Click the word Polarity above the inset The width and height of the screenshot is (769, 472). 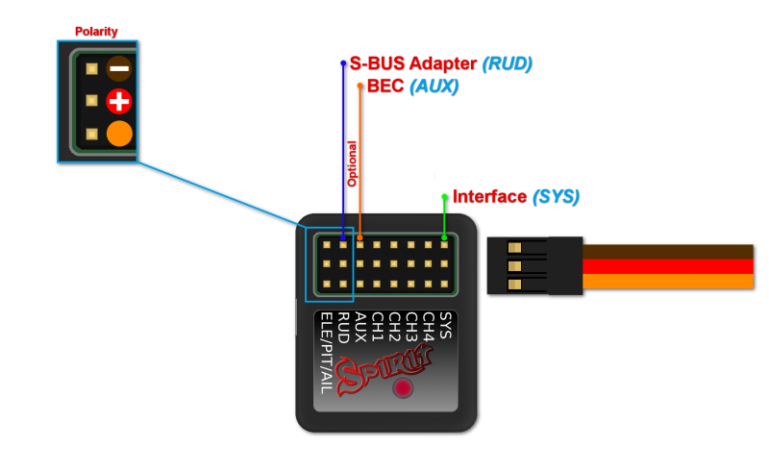pyautogui.click(x=96, y=32)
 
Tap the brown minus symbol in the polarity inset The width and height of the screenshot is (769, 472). pyautogui.click(x=119, y=68)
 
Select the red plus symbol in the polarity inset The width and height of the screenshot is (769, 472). pyautogui.click(x=119, y=101)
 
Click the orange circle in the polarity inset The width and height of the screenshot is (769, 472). pyautogui.click(x=119, y=134)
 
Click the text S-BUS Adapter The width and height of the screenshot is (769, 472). pyautogui.click(x=412, y=63)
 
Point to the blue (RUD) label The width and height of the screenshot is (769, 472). pyautogui.click(x=507, y=63)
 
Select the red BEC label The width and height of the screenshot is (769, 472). pyautogui.click(x=385, y=86)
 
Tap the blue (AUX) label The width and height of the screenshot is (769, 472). pyautogui.click(x=434, y=86)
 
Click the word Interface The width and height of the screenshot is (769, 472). pyautogui.click(x=489, y=197)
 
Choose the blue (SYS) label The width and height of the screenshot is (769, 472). pyautogui.click(x=556, y=197)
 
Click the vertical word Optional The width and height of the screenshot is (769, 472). pyautogui.click(x=352, y=162)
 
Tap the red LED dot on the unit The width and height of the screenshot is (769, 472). pyautogui.click(x=403, y=388)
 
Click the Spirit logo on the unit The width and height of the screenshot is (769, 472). pyautogui.click(x=384, y=370)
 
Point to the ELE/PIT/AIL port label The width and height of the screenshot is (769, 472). pyautogui.click(x=326, y=352)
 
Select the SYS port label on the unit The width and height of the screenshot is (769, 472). pyautogui.click(x=445, y=325)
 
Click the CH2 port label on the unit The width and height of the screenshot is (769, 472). pyautogui.click(x=394, y=328)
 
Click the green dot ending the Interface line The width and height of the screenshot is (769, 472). pyautogui.click(x=444, y=196)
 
